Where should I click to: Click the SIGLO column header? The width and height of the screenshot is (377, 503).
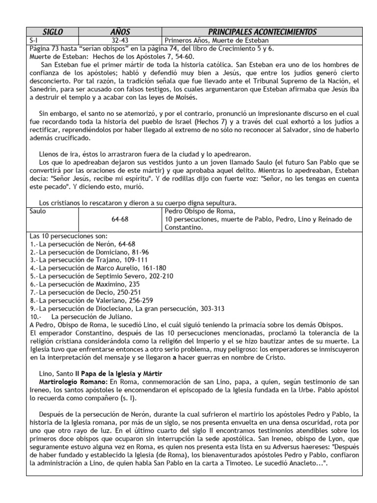coord(53,32)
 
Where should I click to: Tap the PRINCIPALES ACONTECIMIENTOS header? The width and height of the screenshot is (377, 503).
coord(255,32)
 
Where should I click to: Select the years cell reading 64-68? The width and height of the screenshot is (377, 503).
coord(120,219)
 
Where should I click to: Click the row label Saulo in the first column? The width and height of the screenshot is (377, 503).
coord(39,211)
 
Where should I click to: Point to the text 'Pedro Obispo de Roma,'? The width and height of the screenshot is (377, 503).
coord(197,211)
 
